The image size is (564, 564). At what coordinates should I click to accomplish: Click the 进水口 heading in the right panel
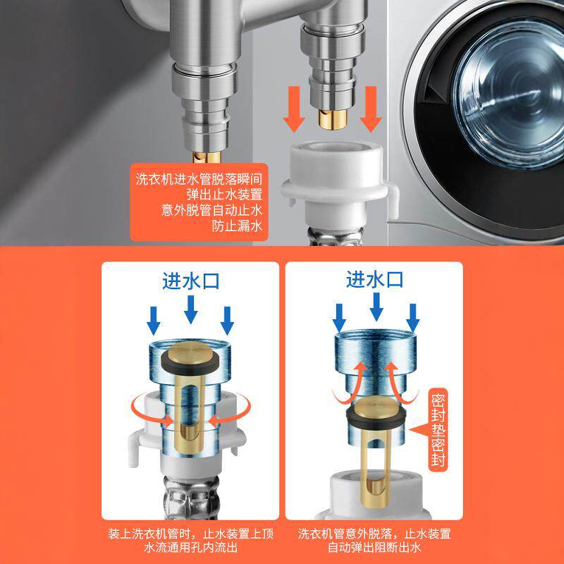[374, 281]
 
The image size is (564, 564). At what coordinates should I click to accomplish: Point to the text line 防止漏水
[236, 226]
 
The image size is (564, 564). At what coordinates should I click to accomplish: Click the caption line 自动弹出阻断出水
[374, 547]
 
